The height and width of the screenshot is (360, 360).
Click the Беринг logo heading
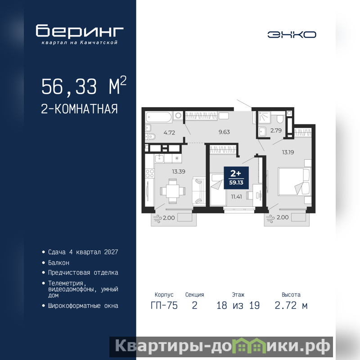pyautogui.click(x=80, y=31)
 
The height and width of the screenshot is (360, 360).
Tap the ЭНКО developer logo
pyautogui.click(x=292, y=35)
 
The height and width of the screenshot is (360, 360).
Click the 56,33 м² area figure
pyautogui.click(x=84, y=86)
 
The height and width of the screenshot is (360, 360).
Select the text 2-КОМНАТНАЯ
pyautogui.click(x=79, y=109)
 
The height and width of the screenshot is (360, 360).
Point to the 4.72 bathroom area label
pyautogui.click(x=169, y=133)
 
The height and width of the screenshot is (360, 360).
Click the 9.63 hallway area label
pyautogui.click(x=224, y=132)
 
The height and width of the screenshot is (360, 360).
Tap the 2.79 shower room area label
pyautogui.click(x=276, y=130)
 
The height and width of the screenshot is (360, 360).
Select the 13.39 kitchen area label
pyautogui.click(x=179, y=171)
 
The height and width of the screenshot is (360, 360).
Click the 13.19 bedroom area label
pyautogui.click(x=288, y=152)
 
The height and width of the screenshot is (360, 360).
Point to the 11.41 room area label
pyautogui.click(x=237, y=197)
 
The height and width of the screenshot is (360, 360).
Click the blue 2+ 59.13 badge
pyautogui.click(x=236, y=178)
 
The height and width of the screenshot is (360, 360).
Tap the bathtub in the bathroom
pyautogui.click(x=159, y=117)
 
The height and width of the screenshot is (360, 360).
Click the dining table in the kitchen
pyautogui.click(x=173, y=191)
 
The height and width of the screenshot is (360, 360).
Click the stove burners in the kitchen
pyautogui.click(x=150, y=173)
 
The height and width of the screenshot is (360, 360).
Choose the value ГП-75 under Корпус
pyautogui.click(x=164, y=306)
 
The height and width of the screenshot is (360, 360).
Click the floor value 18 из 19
pyautogui.click(x=238, y=306)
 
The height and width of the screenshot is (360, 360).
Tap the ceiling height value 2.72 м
pyautogui.click(x=291, y=306)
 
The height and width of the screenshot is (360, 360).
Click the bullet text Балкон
pyautogui.click(x=58, y=263)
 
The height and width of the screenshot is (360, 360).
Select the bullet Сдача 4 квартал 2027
pyautogui.click(x=83, y=252)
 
